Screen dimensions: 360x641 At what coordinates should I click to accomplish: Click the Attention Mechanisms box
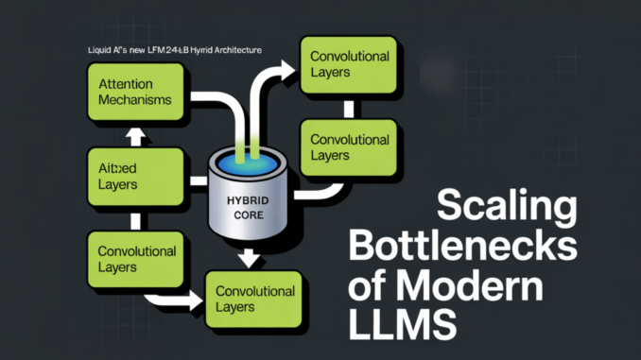tap(136, 92)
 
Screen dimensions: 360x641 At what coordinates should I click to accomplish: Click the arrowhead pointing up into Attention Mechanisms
tap(136, 136)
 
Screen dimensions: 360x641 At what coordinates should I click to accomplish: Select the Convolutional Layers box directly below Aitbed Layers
tap(136, 259)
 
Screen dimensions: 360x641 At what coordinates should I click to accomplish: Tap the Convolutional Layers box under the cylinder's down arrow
tap(254, 298)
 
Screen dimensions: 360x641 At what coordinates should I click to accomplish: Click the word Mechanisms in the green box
tap(136, 99)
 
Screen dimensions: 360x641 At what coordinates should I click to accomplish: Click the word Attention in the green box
tap(125, 83)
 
